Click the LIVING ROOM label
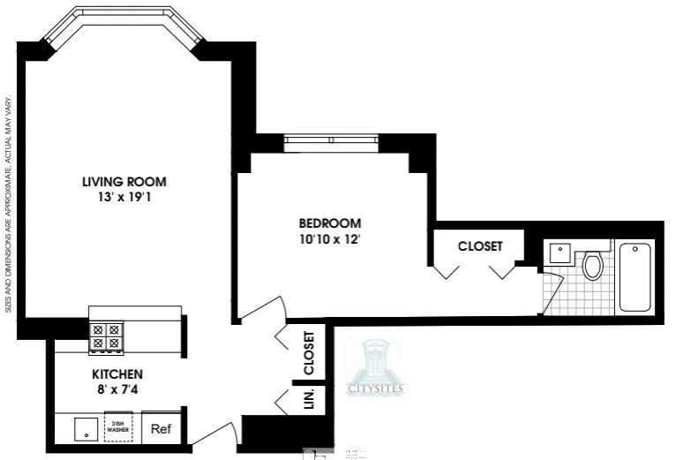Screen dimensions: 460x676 (x=124, y=182)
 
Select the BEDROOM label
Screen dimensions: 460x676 (x=329, y=223)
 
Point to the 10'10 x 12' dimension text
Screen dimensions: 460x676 (x=329, y=239)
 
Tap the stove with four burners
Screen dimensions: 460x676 (x=106, y=336)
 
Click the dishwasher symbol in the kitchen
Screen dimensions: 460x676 (x=118, y=428)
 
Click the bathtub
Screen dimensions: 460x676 (x=635, y=276)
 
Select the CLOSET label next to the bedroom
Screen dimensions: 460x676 (x=479, y=246)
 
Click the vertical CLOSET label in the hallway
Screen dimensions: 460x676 (x=309, y=352)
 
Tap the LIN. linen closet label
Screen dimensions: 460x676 (x=309, y=400)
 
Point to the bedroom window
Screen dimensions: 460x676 (x=331, y=139)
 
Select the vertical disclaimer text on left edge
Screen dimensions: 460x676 (x=8, y=203)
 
